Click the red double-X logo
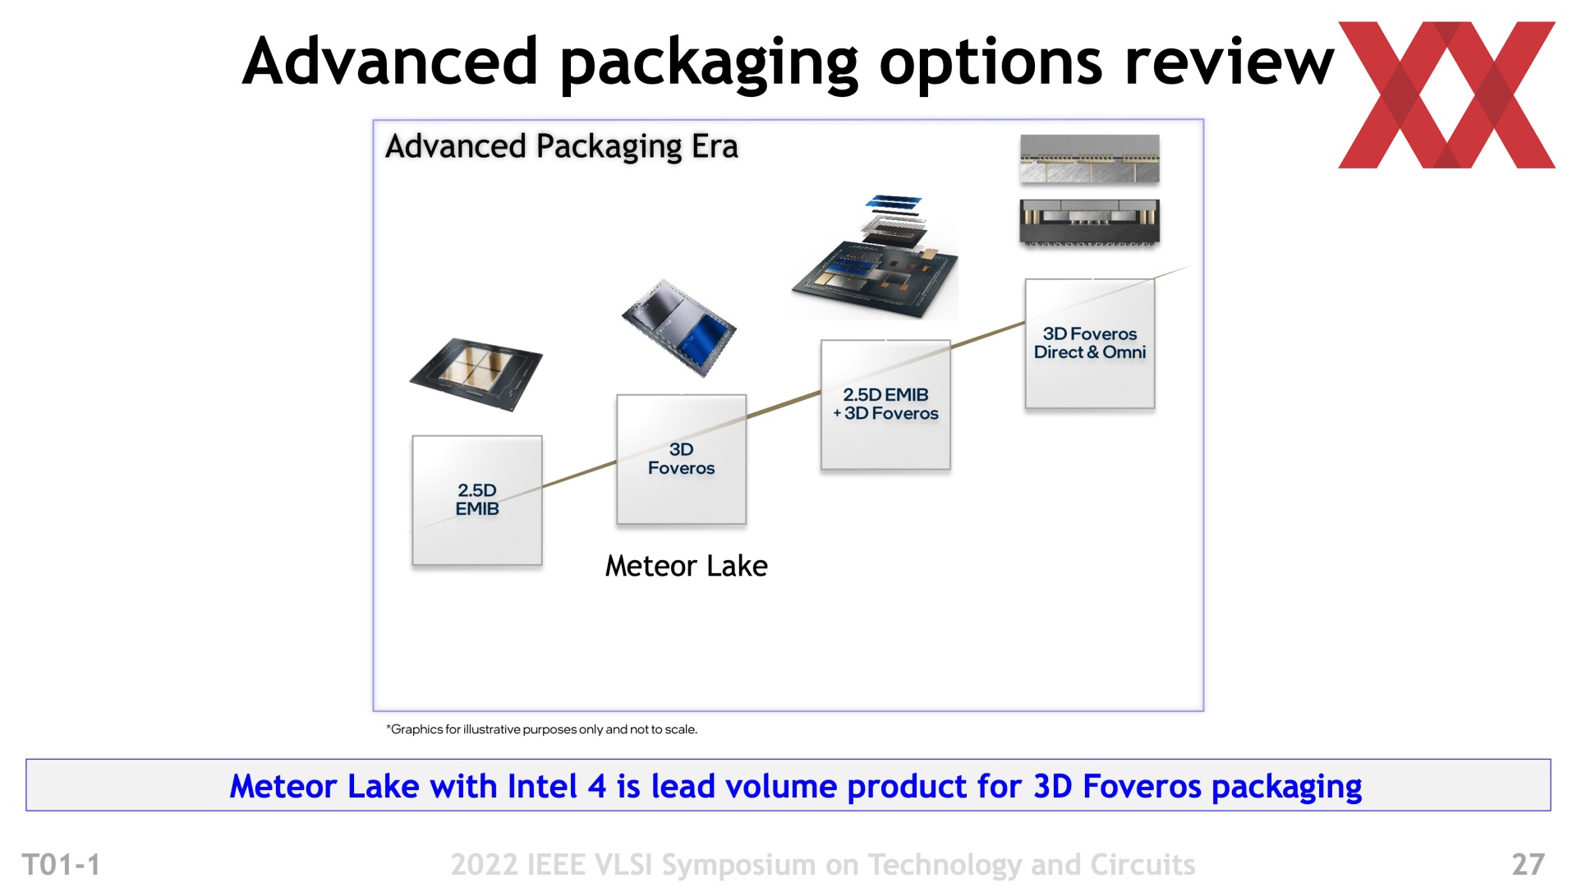click(1446, 94)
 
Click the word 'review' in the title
click(1230, 62)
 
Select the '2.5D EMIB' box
click(477, 500)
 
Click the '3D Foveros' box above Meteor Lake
click(682, 459)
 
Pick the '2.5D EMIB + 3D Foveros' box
click(885, 404)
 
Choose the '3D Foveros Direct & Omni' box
click(1090, 343)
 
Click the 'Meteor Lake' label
click(687, 566)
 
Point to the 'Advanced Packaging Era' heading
click(562, 147)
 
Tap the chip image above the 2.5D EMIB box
click(476, 375)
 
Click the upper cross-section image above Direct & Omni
click(1090, 159)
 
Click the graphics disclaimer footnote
click(542, 729)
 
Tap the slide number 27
click(1529, 864)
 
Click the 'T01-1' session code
click(62, 865)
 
